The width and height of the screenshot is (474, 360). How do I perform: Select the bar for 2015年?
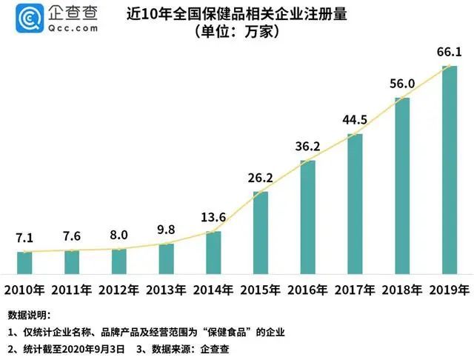coord(261,232)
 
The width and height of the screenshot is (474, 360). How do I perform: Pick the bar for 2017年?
coord(355,203)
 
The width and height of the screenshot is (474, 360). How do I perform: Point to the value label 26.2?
coord(261,179)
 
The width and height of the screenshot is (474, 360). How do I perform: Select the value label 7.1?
coord(24,238)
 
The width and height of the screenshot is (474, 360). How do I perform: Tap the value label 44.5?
coord(355,119)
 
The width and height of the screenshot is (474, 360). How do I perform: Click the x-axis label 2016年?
coord(307,289)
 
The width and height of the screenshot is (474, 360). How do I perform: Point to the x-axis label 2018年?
coord(401,289)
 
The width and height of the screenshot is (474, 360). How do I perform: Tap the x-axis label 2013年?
coord(166,289)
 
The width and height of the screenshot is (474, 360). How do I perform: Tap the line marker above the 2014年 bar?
coord(213,233)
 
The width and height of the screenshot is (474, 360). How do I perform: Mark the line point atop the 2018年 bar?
coord(402,98)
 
